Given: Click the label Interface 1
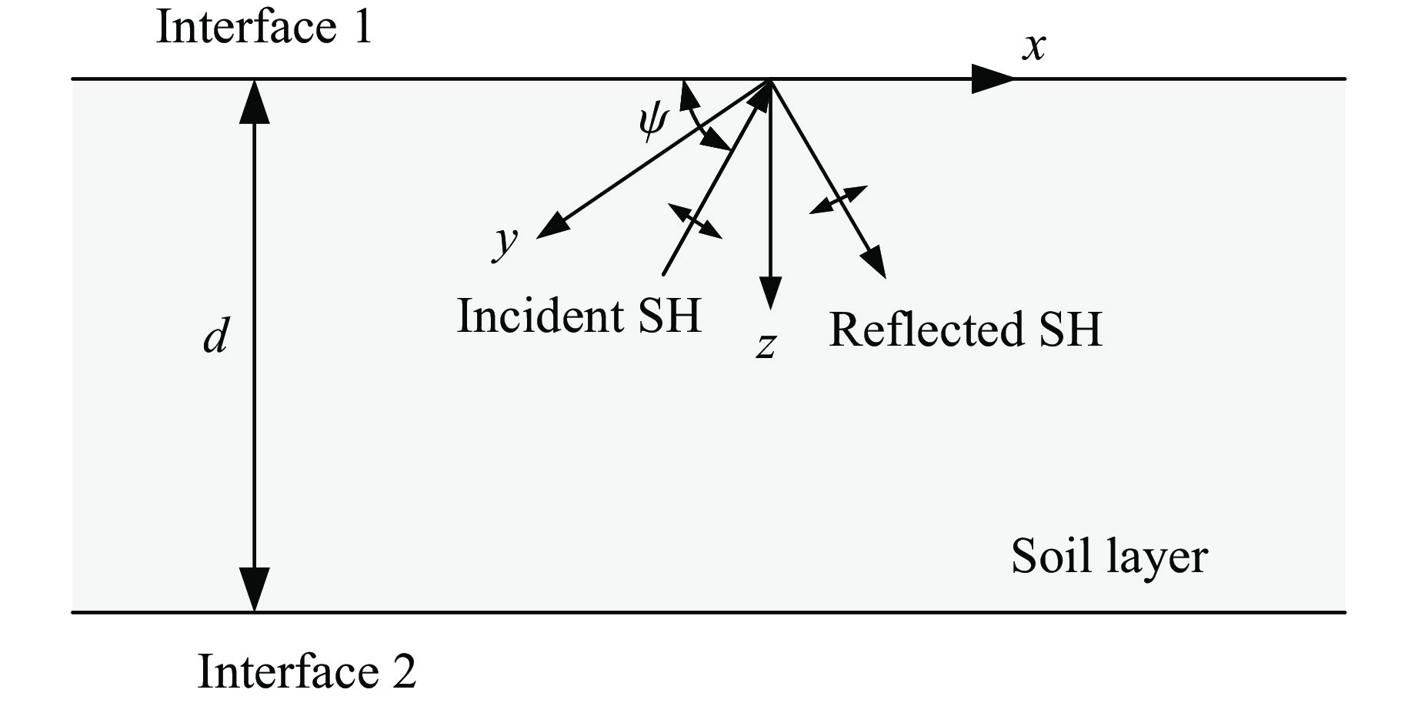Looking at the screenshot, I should tap(264, 28).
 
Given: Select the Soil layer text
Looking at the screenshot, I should tap(1109, 556).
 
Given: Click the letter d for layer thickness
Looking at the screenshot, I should tap(215, 336).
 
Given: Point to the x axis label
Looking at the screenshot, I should tap(1034, 46).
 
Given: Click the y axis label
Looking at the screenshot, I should tap(505, 242).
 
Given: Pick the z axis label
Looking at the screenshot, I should tap(765, 346).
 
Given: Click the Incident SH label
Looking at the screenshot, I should tap(579, 316).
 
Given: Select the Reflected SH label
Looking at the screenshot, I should tap(965, 330).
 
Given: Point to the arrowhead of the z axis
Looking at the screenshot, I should tap(770, 293).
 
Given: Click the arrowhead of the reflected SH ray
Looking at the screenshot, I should tap(876, 263).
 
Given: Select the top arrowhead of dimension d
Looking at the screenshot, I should tap(255, 100).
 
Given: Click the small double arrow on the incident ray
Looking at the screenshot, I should tap(695, 221).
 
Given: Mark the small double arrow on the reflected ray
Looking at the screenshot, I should tap(839, 199).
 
